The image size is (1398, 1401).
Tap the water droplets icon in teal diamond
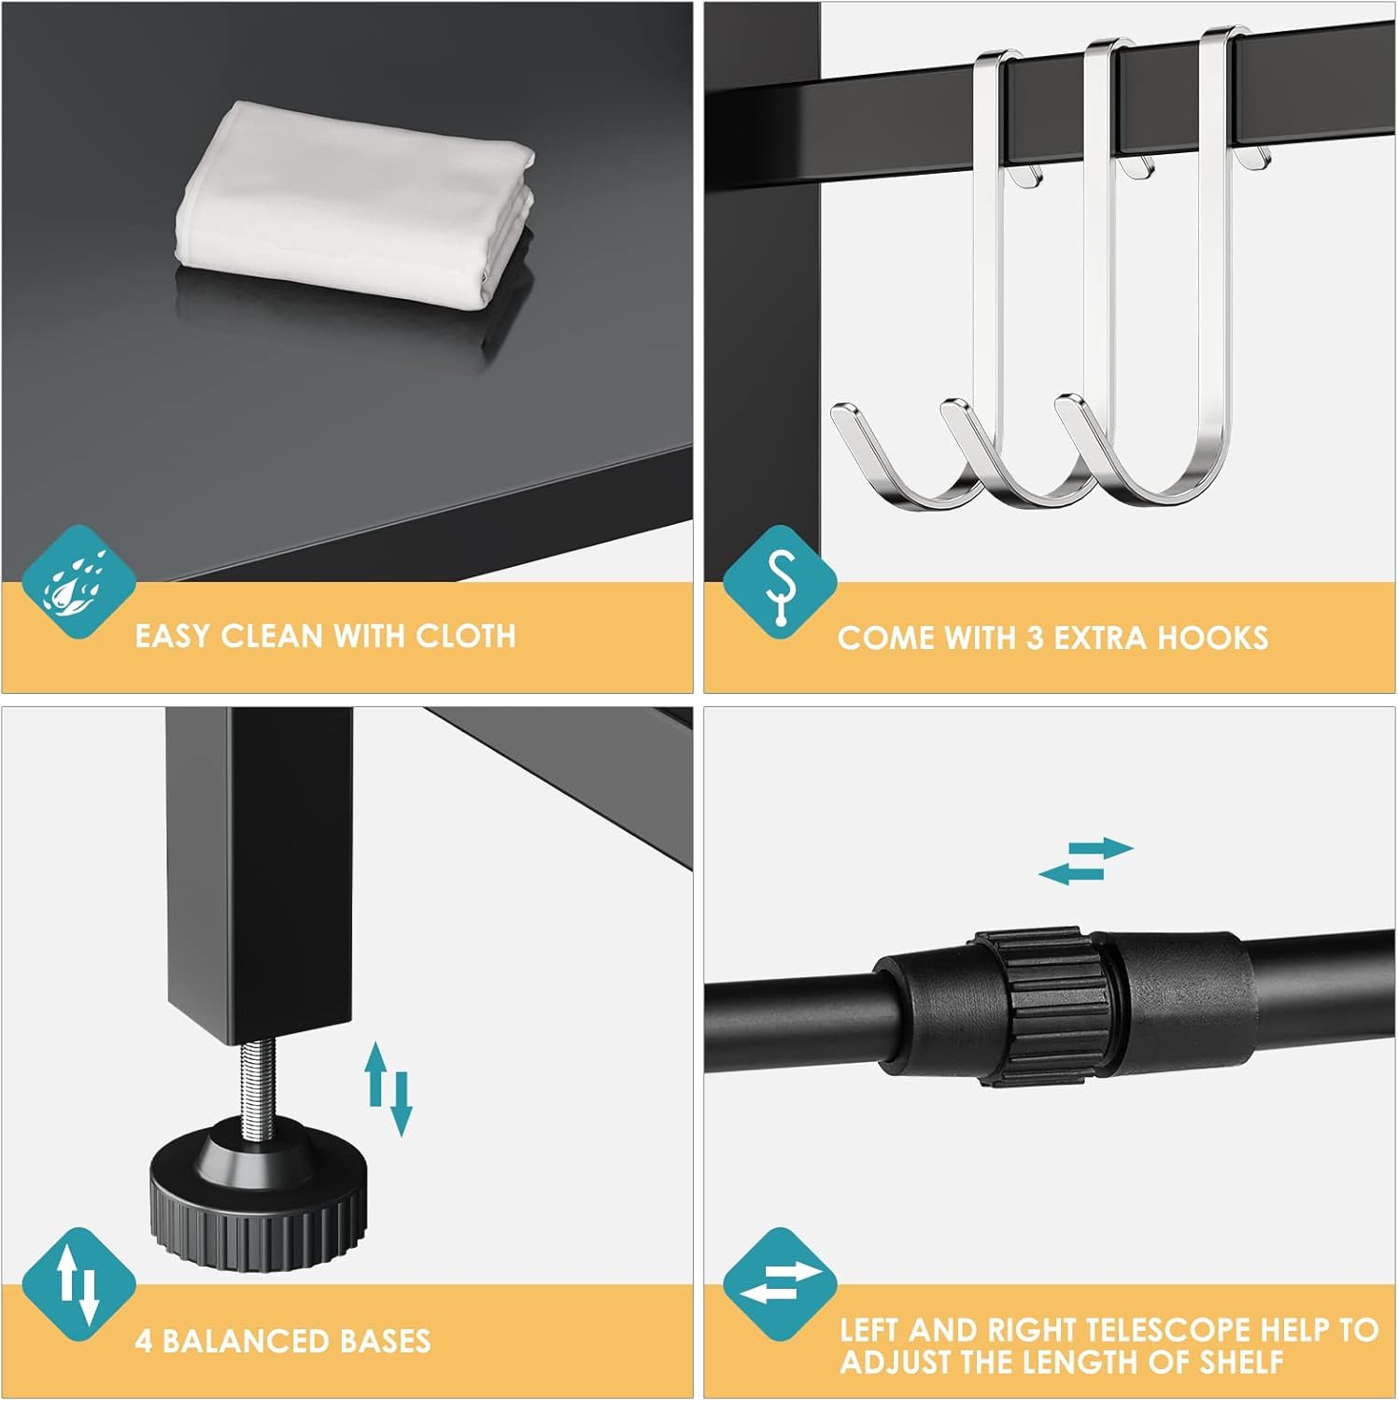coord(78,582)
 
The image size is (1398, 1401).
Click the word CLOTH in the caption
coord(465,636)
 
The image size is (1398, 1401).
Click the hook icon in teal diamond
coord(780,583)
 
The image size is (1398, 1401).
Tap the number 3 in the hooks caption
coord(1035,638)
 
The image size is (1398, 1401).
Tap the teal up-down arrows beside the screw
coord(388,1088)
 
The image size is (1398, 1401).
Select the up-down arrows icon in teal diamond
coord(78,1285)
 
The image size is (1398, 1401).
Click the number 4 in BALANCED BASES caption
coord(143,1341)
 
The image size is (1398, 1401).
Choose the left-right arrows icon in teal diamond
coord(780,1285)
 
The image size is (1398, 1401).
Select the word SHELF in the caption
coord(1241,1362)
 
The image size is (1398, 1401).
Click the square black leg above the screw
coord(261,869)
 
